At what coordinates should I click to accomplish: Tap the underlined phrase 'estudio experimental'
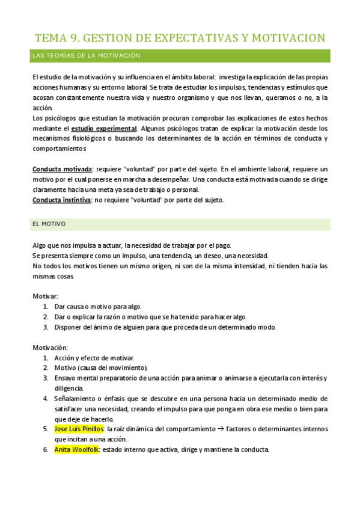coord(104,129)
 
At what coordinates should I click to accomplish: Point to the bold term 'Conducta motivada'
coord(62,170)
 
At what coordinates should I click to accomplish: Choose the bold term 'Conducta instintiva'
coord(61,200)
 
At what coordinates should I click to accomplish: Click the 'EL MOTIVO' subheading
coord(49,224)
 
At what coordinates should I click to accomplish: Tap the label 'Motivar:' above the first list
coord(45,296)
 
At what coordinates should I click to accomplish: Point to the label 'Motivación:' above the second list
coord(50,348)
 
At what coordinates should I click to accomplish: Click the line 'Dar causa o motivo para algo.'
coord(98,307)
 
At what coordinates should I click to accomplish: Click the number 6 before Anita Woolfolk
coord(45,449)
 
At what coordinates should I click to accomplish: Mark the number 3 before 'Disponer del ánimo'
coord(45,327)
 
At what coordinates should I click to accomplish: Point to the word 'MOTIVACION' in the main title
coord(286,38)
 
